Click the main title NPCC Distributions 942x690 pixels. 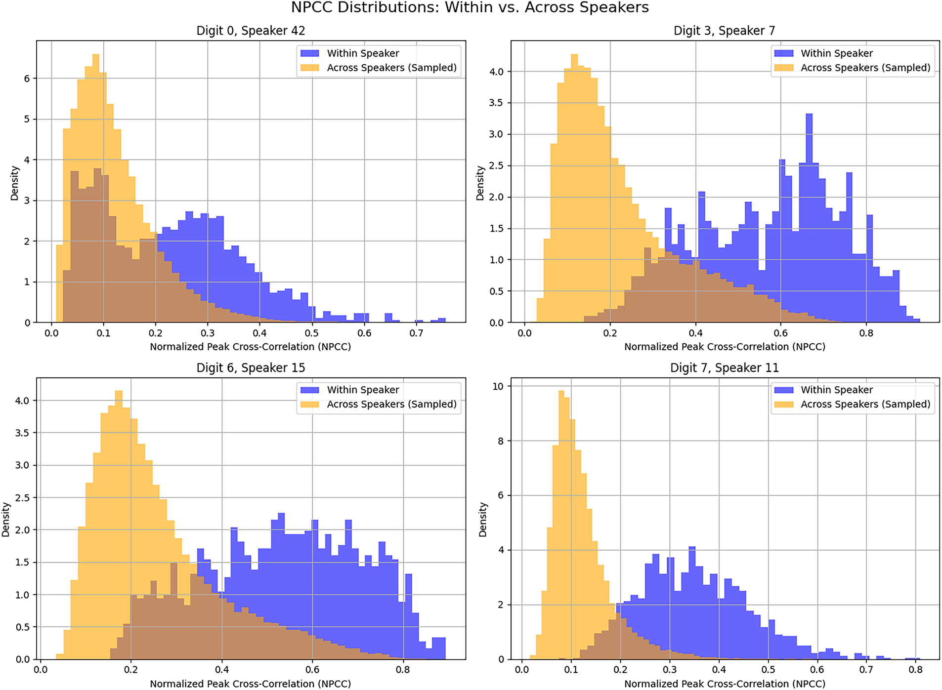pos(470,8)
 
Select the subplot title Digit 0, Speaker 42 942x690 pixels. pos(251,31)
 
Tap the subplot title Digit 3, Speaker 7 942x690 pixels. pos(724,31)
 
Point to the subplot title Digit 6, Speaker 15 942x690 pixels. pos(251,368)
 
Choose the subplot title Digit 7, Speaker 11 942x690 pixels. pos(724,368)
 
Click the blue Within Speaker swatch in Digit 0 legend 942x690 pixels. pos(309,53)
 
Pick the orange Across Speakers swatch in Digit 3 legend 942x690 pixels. pos(783,68)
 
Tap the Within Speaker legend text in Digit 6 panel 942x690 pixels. pos(363,390)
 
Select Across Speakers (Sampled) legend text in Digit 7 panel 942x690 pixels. pos(865,404)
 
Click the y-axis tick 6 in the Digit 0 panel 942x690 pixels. pos(27,79)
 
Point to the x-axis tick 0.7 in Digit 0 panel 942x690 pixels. pos(416,333)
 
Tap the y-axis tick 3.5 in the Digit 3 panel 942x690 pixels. pos(496,103)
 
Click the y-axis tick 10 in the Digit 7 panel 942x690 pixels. pos(498,386)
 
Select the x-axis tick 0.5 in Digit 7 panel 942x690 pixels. pos(768,670)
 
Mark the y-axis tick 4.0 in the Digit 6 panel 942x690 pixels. pos(22,401)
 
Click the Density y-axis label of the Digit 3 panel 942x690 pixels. pos(480,183)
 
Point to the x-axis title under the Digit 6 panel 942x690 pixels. pos(251,684)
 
